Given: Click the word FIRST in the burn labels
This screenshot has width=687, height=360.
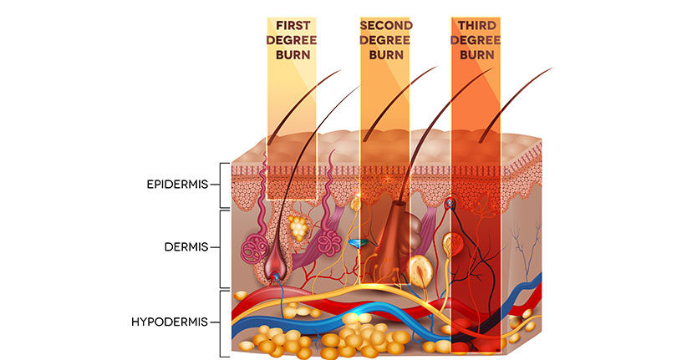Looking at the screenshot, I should pyautogui.click(x=291, y=25).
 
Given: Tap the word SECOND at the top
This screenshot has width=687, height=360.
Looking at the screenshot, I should pyautogui.click(x=384, y=25).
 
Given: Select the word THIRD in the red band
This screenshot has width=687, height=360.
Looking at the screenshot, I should pyautogui.click(x=476, y=25).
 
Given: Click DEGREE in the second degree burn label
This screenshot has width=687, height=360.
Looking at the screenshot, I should pyautogui.click(x=384, y=39).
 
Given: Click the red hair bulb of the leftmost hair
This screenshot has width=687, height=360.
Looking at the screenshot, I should pyautogui.click(x=274, y=268).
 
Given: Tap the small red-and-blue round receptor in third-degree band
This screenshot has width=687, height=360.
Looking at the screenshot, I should pyautogui.click(x=451, y=202).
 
